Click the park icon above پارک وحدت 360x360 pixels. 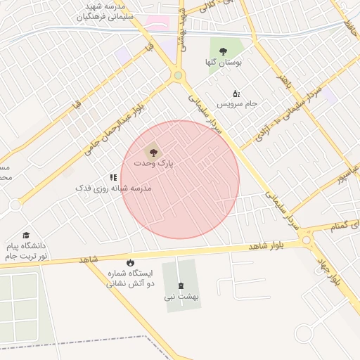pos(153,151)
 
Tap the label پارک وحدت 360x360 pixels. pos(154,163)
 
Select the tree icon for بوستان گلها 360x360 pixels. pos(224,51)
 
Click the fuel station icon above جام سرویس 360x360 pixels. pos(236,93)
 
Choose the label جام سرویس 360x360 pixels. pos(237,104)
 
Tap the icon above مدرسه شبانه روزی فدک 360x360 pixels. pos(112,178)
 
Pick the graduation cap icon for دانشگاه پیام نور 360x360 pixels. pos(26,235)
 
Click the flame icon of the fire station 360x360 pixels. pos(130,262)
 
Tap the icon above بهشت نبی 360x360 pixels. pos(182,285)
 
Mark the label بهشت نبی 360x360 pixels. pos(182,297)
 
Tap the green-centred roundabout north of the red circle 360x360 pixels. pos(178,75)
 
